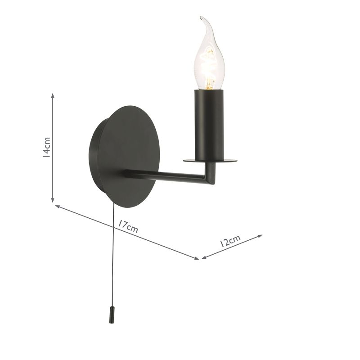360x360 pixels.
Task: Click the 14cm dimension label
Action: tap(46, 147)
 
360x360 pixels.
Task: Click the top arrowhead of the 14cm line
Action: tap(53, 95)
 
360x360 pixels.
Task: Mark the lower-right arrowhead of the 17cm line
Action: tap(197, 258)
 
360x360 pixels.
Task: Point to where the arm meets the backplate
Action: tap(127, 173)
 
